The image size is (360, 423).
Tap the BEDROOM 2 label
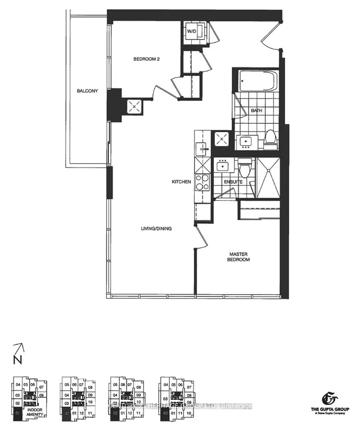pos(147,58)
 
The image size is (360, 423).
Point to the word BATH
pos(256,111)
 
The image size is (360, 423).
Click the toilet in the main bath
pos(271,138)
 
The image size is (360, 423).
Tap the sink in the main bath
pos(246,141)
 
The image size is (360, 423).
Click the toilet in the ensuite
pos(244,167)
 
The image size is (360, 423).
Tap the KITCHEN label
pos(182,182)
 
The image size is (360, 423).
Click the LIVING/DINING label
pos(156,228)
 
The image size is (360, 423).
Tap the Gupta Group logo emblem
pos(323,394)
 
